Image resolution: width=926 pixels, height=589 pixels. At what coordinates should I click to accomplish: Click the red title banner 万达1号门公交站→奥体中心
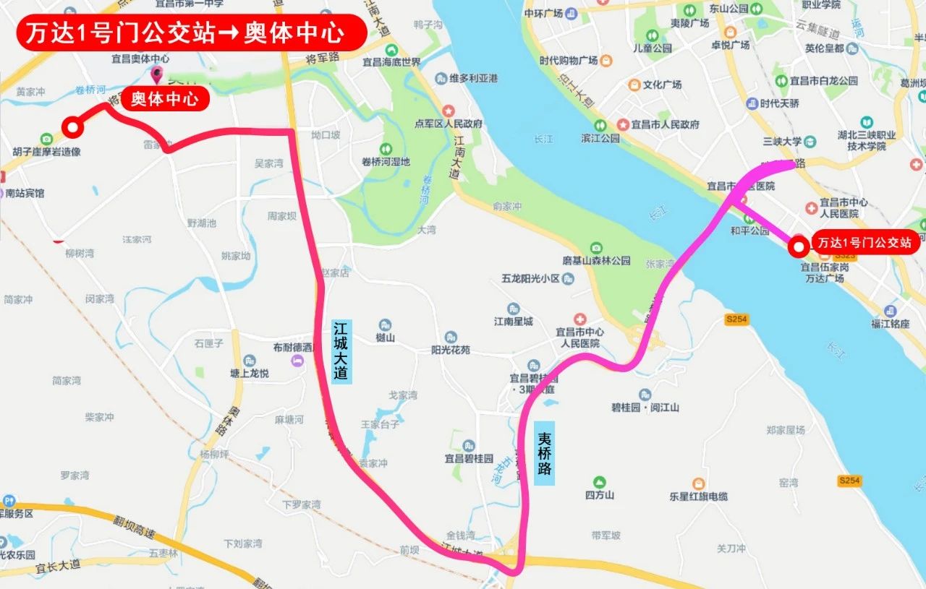191,33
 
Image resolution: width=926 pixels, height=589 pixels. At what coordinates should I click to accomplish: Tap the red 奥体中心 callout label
165,98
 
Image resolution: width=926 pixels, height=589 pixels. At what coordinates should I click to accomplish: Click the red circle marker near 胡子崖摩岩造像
72,128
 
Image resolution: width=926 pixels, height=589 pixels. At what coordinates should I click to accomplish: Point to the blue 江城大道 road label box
341,351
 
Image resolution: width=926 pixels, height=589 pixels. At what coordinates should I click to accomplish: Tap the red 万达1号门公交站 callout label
865,242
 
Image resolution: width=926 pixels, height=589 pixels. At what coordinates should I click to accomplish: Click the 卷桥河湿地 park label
385,162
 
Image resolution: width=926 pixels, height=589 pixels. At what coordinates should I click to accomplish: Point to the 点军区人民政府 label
449,123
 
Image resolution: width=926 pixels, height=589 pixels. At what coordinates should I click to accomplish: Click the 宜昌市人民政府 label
665,124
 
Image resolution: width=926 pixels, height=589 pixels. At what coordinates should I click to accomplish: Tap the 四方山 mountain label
599,495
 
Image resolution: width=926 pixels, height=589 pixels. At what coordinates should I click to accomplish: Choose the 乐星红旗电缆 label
698,496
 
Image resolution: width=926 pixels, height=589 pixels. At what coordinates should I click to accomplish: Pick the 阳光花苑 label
450,349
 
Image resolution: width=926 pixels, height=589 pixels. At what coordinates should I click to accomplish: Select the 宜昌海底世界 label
391,61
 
